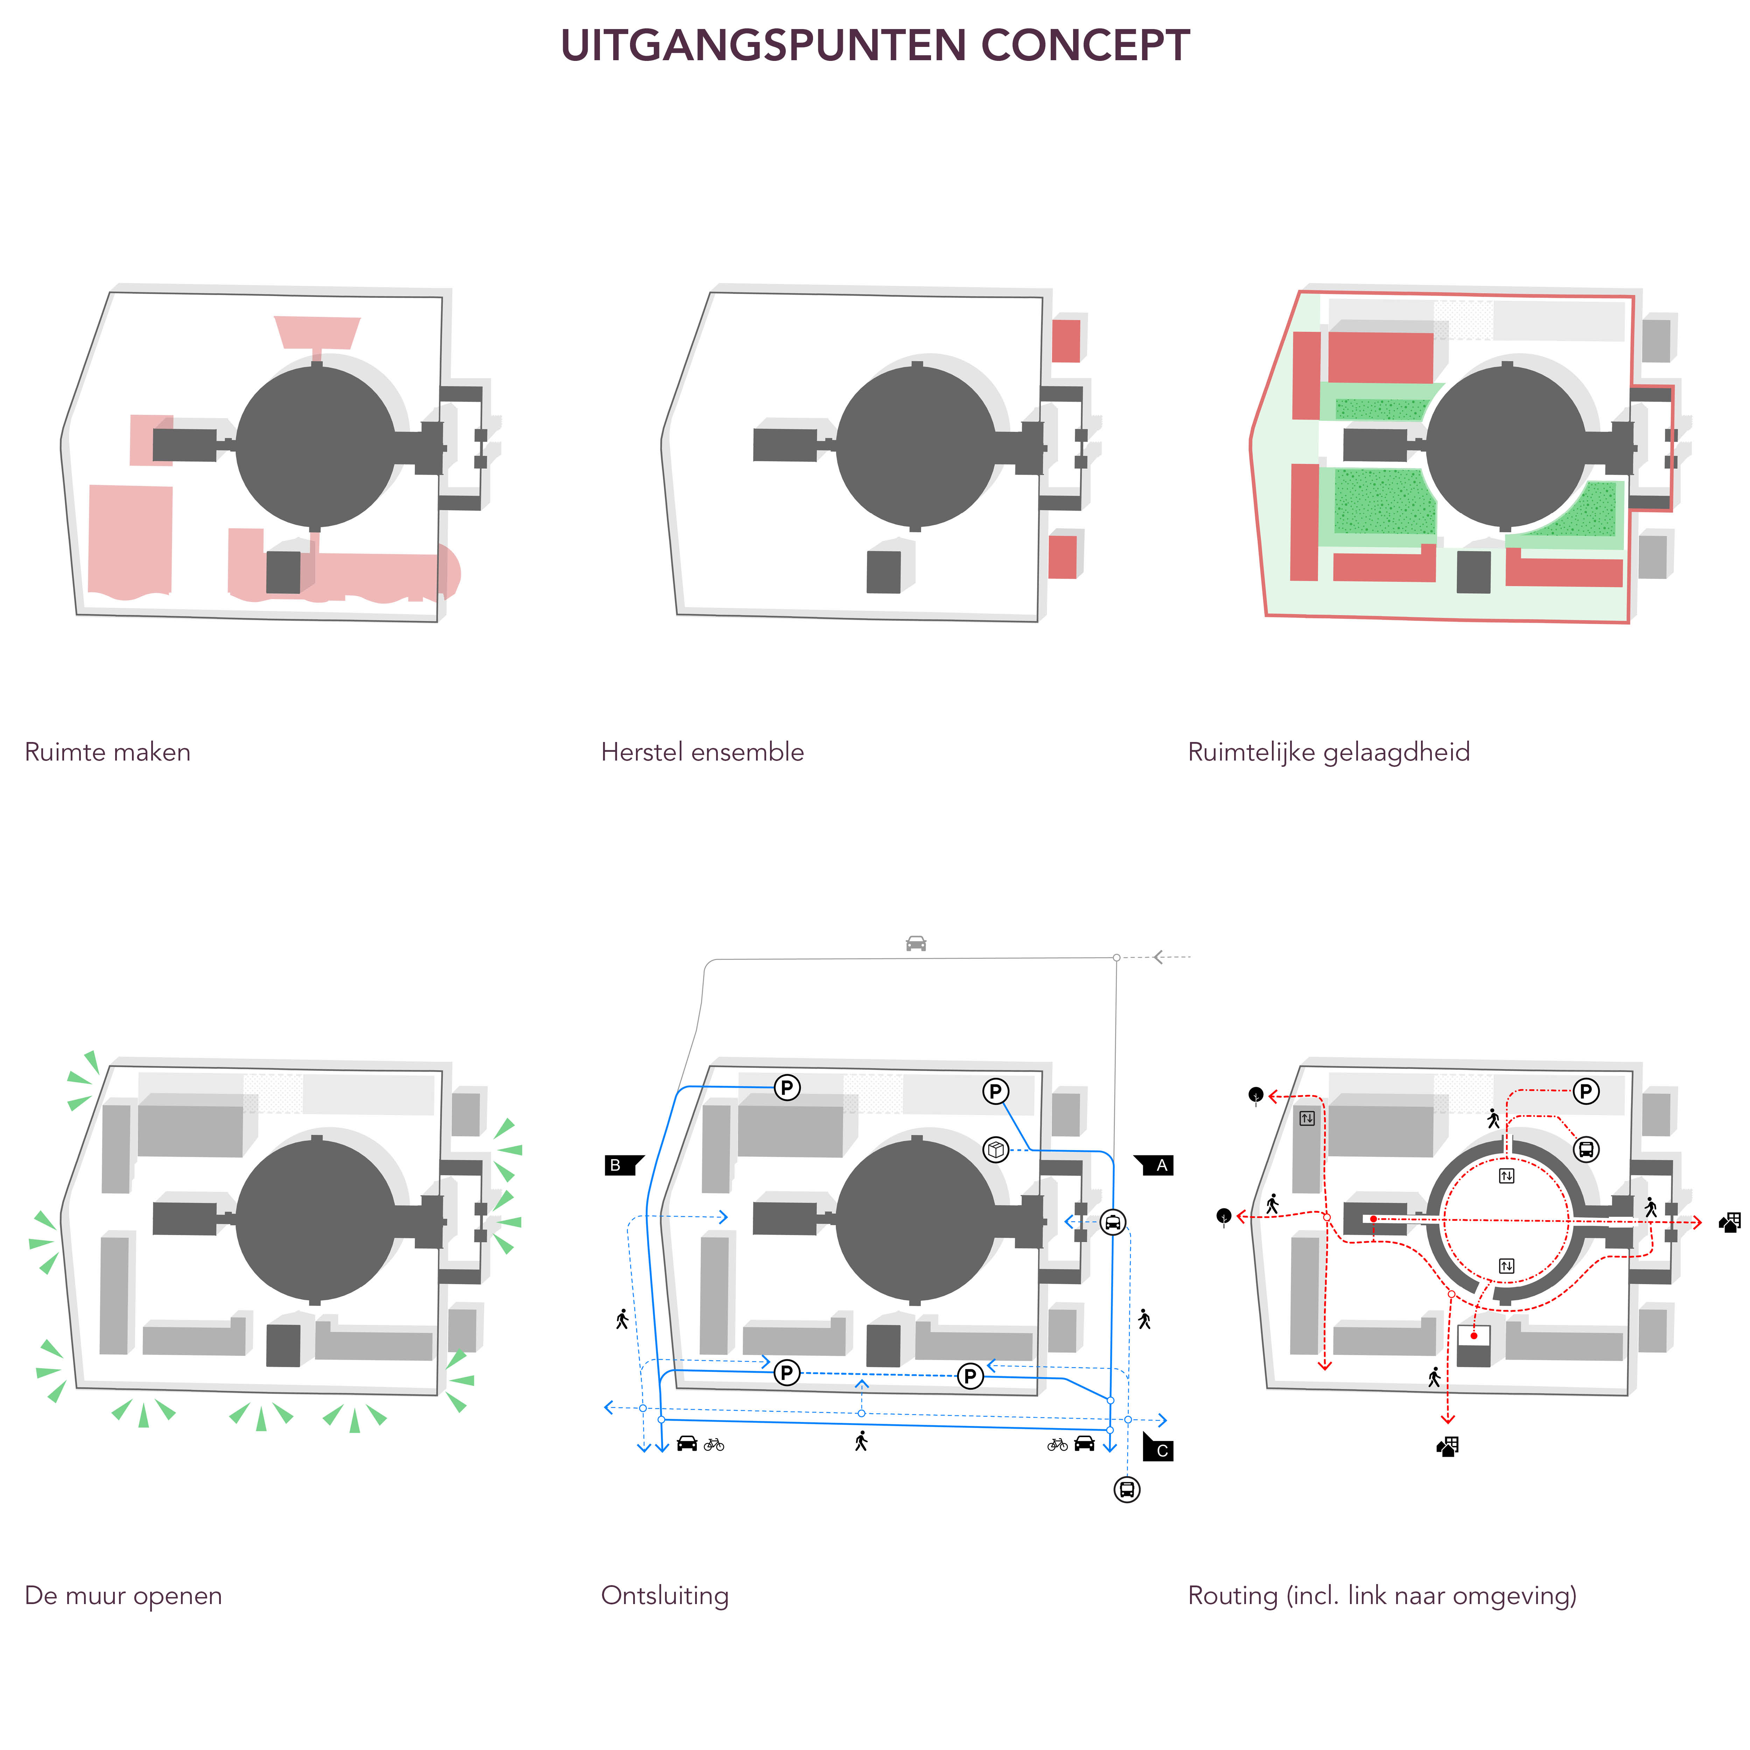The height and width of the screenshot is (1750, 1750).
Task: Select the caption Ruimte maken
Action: tap(107, 752)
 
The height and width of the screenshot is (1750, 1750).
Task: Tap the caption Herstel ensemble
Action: tap(702, 752)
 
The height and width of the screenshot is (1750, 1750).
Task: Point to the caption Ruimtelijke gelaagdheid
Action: tap(1328, 752)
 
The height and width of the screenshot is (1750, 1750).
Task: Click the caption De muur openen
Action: tap(123, 1595)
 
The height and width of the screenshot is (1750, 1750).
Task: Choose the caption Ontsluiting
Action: tap(664, 1595)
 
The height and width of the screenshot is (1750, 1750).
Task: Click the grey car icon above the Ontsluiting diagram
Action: tap(916, 944)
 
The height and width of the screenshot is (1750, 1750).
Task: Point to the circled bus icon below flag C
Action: tap(1127, 1489)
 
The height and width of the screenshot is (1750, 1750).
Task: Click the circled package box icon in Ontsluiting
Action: tap(995, 1150)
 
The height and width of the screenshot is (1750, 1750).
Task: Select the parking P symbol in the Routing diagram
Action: tap(1585, 1092)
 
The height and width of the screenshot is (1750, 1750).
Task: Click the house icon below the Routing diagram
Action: tap(1448, 1447)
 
